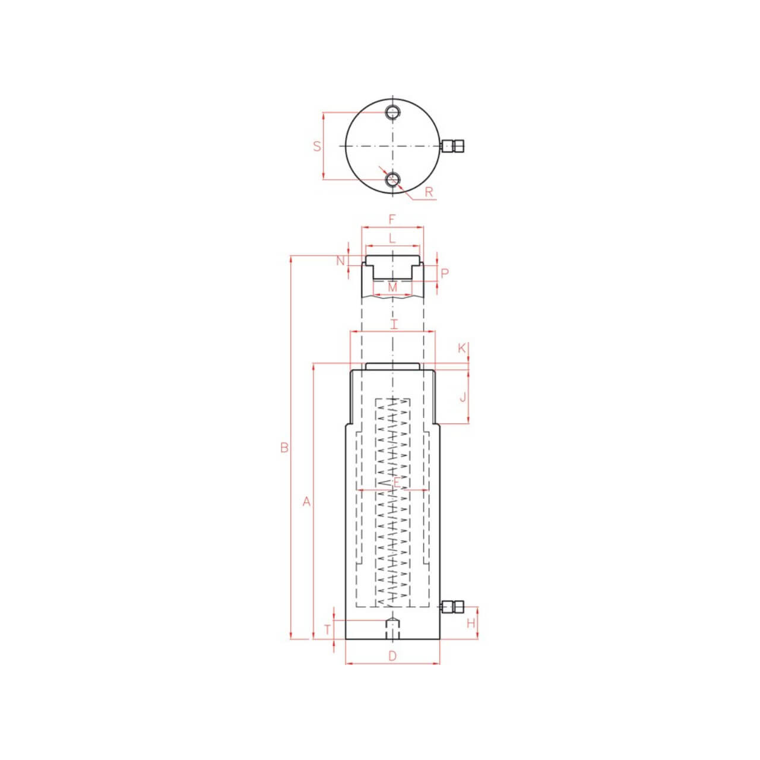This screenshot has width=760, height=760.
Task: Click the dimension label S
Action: tap(317, 145)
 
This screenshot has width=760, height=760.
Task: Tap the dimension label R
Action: tap(429, 192)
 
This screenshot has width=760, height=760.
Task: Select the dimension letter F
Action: tap(392, 219)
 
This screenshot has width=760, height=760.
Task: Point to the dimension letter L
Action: tap(392, 239)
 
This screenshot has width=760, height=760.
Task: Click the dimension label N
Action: tap(340, 261)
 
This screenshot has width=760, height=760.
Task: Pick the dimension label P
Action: tap(445, 274)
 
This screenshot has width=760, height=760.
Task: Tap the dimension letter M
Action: tap(392, 287)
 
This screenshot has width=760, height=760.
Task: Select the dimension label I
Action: tap(393, 324)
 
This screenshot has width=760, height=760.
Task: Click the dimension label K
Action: tap(462, 349)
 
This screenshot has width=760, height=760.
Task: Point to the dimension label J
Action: tap(463, 397)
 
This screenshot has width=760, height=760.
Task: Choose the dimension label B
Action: tap(284, 448)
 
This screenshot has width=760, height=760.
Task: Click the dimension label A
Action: tap(306, 502)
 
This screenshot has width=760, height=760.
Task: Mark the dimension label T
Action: tap(327, 629)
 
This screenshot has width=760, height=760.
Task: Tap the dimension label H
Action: tap(471, 623)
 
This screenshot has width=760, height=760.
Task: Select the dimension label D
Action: tap(392, 655)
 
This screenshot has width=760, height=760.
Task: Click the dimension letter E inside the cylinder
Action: tap(397, 482)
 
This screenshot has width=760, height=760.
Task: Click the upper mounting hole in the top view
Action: tap(392, 112)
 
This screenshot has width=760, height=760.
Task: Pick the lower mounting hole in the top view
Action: tap(392, 179)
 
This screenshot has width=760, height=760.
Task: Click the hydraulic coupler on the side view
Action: tap(452, 606)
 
